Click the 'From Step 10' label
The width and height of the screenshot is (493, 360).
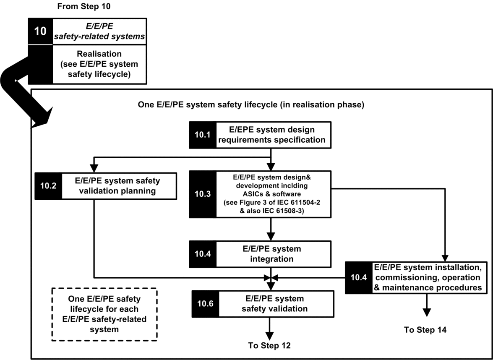83,6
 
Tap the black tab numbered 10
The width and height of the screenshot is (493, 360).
41,31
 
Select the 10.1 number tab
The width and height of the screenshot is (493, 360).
203,135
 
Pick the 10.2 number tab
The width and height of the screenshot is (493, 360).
48,186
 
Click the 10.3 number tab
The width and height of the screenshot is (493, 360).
203,194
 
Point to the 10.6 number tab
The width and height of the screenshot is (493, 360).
205,304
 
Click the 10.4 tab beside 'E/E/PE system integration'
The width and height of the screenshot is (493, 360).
203,254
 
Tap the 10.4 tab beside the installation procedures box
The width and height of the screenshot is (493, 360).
359,278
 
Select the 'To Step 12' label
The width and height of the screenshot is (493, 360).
269,346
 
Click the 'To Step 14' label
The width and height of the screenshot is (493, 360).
425,330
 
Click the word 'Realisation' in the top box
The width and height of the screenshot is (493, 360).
99,54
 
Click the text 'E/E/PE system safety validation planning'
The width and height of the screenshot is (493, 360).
117,186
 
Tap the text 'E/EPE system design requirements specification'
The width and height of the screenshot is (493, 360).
271,135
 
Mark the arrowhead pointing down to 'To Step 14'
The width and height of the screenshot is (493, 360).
427,312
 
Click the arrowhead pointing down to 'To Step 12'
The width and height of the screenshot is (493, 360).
269,336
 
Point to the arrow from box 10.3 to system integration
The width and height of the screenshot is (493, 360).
271,229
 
